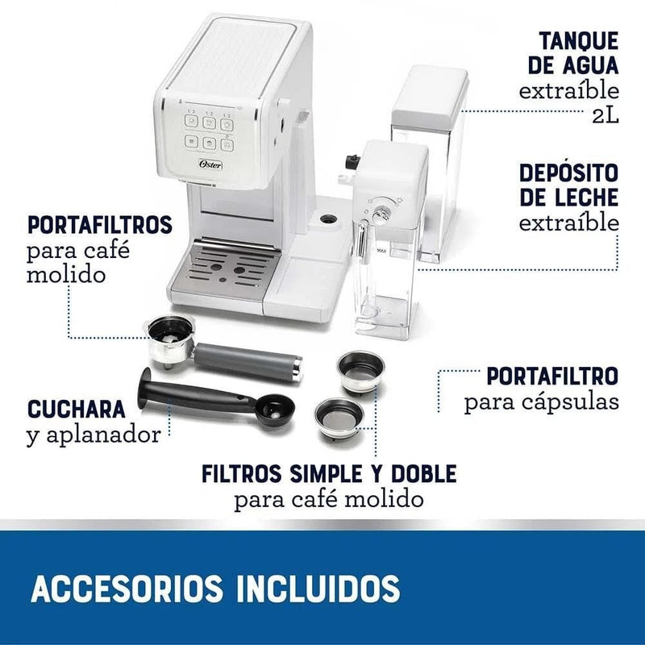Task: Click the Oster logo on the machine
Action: pos(210,164)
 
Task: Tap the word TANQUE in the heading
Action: pos(579,41)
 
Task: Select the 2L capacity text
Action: pos(605,116)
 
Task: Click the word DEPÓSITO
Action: pos(569,173)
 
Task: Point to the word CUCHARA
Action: pos(77,410)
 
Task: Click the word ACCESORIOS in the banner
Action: pos(127,589)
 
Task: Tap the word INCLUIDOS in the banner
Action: pos(318,589)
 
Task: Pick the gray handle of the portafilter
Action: pos(247,361)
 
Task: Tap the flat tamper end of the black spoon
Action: pos(144,389)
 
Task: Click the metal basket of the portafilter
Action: pos(170,340)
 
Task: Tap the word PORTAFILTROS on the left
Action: pos(99,225)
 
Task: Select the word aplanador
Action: pos(103,435)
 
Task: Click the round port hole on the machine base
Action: pos(328,218)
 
